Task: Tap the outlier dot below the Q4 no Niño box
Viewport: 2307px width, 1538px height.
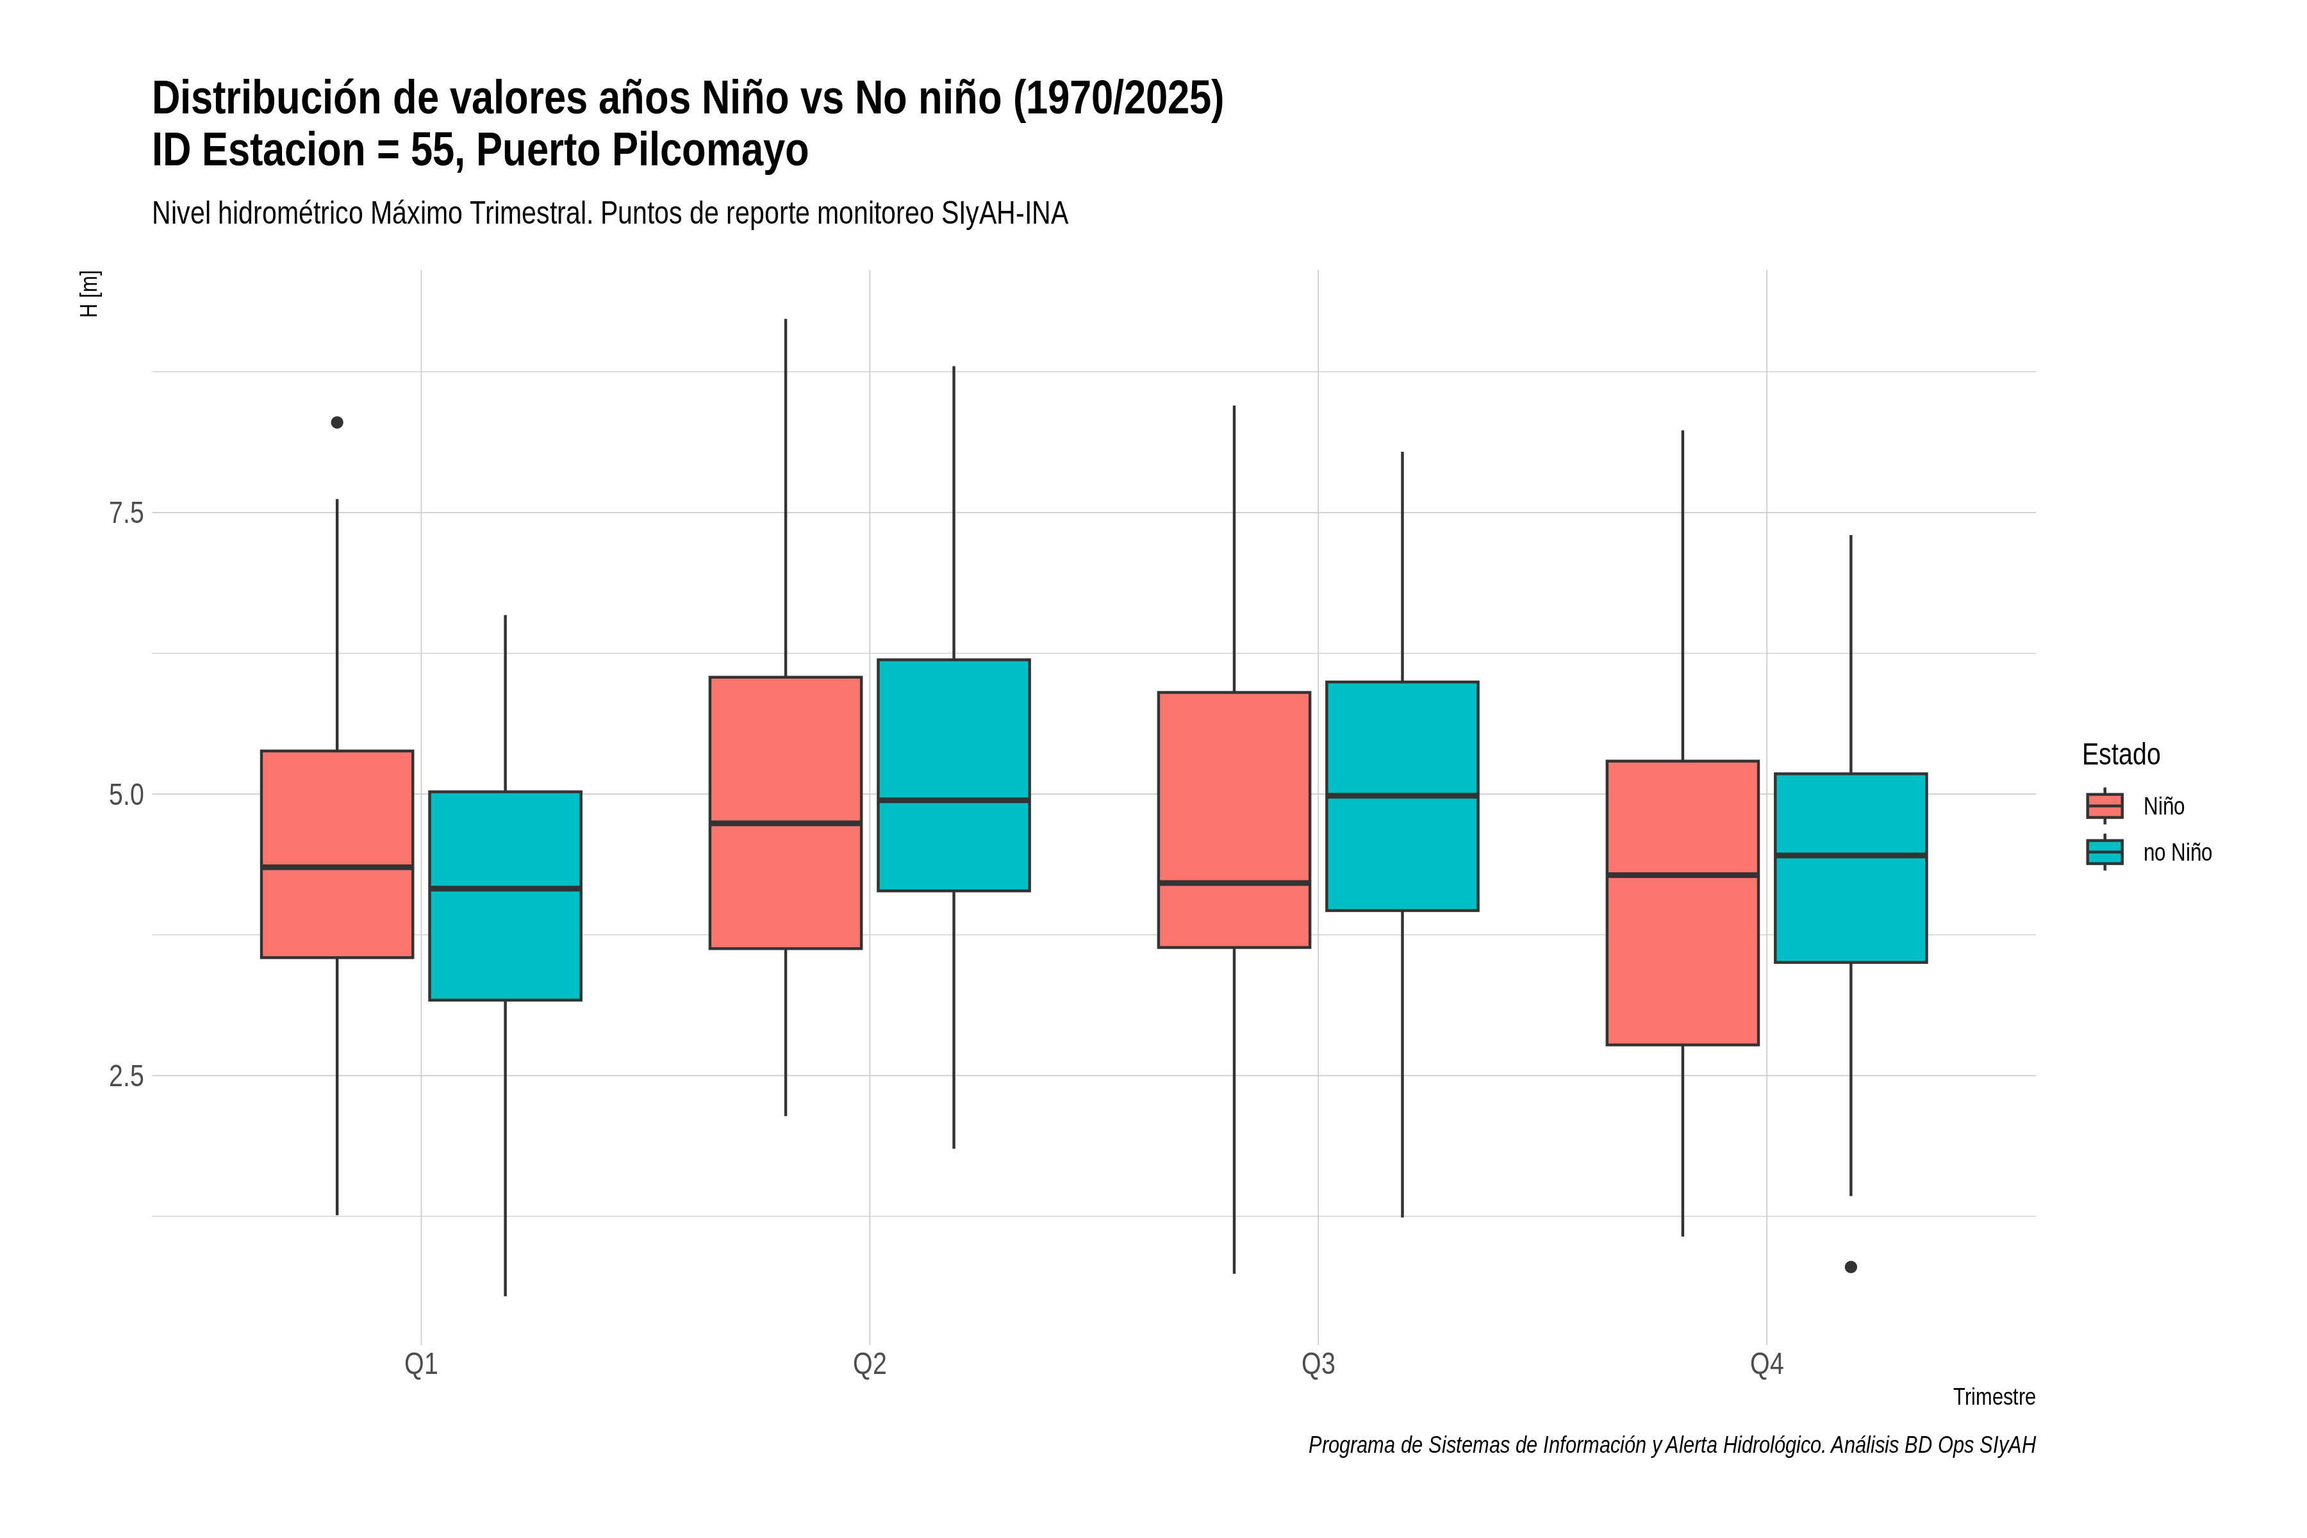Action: (x=1850, y=1268)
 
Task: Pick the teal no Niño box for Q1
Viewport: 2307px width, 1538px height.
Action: (x=505, y=895)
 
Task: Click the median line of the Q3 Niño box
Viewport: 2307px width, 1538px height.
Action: (x=1234, y=883)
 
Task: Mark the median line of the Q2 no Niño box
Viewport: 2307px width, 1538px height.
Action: (x=954, y=800)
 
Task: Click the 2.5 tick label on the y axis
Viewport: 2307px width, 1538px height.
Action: (x=126, y=1076)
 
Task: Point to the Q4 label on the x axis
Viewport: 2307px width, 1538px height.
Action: (x=1767, y=1364)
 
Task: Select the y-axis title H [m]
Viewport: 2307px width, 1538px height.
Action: (x=89, y=294)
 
